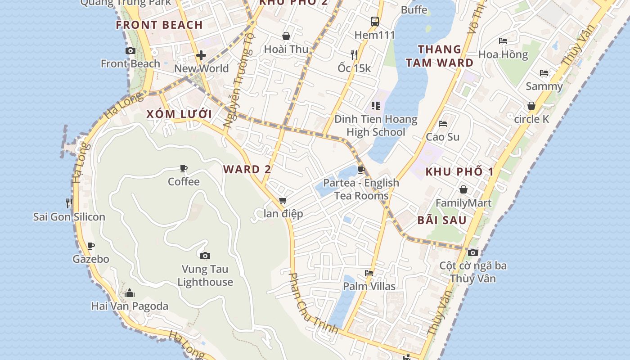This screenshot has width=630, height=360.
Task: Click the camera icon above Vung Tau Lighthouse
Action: click(205, 256)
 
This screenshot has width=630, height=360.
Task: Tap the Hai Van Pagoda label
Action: click(130, 306)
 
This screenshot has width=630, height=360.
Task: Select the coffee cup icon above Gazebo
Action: click(91, 246)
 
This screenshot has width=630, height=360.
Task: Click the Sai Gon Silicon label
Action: click(69, 217)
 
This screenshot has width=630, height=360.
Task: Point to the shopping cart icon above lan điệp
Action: click(283, 200)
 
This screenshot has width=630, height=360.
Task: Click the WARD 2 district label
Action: click(247, 169)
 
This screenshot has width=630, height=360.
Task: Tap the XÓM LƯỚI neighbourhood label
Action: click(179, 114)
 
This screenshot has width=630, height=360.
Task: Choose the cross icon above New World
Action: click(201, 55)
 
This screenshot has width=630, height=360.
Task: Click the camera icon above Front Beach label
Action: click(130, 50)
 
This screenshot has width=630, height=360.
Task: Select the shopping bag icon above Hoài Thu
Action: click(286, 36)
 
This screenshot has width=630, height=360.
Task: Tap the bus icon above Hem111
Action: click(374, 21)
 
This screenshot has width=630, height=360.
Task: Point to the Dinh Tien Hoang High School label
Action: click(376, 126)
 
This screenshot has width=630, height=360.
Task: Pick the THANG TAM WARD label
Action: click(439, 56)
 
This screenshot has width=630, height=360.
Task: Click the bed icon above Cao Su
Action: click(443, 123)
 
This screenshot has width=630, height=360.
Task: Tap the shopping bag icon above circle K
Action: click(531, 106)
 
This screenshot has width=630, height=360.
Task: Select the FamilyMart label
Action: click(463, 203)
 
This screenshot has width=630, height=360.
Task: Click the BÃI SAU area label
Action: click(442, 220)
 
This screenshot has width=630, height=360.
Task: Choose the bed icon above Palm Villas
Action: click(369, 273)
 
